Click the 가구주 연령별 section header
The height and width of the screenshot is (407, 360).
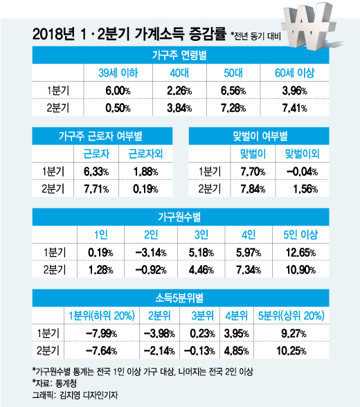coord(179,55)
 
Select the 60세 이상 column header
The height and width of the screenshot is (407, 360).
coord(295,73)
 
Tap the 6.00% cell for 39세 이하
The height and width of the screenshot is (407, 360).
coord(118,91)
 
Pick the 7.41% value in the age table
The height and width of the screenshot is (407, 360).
coord(295,108)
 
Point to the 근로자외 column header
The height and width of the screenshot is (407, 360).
coord(145,154)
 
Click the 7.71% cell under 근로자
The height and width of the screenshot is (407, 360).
coord(96,189)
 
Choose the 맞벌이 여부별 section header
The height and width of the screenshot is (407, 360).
coord(260,136)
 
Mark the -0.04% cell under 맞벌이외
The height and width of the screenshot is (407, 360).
coord(302,172)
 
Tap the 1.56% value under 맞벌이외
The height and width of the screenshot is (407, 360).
coord(305,189)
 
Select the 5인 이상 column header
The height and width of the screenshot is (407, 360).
coord(300,235)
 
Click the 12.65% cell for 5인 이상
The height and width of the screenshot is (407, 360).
coord(300,252)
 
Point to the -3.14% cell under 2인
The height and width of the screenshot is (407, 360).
coord(151,252)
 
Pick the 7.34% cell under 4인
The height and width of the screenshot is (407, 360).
coord(249,270)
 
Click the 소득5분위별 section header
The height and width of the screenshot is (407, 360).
coord(179,298)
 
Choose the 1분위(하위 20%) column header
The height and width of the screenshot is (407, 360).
coord(102,316)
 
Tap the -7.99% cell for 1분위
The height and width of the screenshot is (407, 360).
coord(102,334)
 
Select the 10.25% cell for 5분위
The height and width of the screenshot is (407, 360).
coord(291,351)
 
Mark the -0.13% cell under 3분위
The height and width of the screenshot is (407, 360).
coord(199,351)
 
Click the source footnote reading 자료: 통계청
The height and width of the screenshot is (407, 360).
coord(55,383)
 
